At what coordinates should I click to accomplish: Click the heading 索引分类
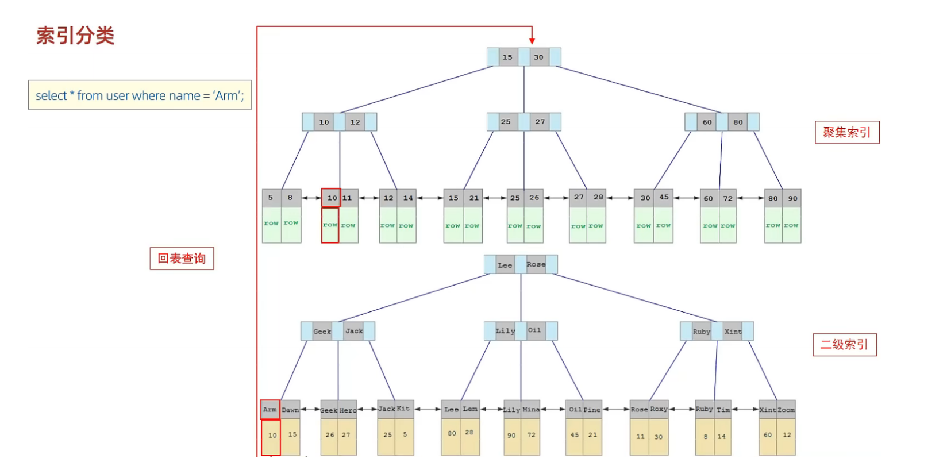[75, 36]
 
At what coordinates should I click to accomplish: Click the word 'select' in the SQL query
[51, 96]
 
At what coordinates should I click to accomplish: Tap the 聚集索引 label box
[846, 132]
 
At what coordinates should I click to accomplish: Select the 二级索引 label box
[844, 345]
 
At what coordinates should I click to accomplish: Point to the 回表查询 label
[182, 259]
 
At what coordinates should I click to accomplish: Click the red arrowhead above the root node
[532, 40]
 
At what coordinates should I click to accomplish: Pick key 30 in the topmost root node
[538, 57]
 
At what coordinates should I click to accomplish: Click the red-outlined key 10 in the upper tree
[332, 198]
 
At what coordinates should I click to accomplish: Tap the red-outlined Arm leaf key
[270, 410]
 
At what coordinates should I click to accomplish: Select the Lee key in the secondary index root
[505, 265]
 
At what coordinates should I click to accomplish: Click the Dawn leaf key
[290, 410]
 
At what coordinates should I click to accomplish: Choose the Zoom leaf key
[786, 410]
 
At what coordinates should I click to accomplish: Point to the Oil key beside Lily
[534, 330]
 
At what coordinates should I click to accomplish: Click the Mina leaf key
[531, 410]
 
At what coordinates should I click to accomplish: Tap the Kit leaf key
[403, 409]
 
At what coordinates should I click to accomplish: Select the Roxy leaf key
[659, 409]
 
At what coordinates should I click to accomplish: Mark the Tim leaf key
[723, 410]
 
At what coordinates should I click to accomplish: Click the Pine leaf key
[592, 410]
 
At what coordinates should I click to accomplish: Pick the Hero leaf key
[348, 410]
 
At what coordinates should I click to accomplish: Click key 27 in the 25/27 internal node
[540, 122]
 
